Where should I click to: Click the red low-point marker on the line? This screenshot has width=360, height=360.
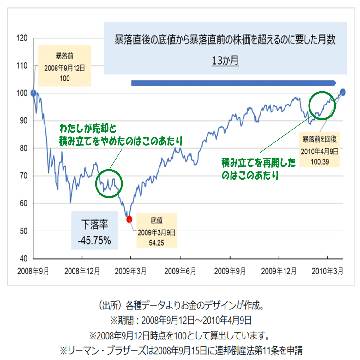pos(129,219)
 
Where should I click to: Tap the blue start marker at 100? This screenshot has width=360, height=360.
pos(33,93)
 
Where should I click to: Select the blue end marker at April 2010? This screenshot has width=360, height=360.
pos(343,92)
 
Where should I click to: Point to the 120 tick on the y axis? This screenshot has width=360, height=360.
pos(22,38)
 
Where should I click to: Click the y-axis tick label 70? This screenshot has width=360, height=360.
pos(23,176)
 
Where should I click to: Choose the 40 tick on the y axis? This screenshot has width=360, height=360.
pos(23,259)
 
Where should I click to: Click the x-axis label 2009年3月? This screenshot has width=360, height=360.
pos(130,271)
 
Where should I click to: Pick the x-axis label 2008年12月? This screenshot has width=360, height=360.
pos(82,271)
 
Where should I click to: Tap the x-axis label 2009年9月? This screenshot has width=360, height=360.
pos(230,271)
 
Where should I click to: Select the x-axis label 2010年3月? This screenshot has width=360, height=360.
pos(327,271)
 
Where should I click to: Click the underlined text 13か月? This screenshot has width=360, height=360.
pos(225,60)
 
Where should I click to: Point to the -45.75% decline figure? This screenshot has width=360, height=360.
pos(94,241)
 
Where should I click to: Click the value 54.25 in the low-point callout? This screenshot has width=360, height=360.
pos(157,243)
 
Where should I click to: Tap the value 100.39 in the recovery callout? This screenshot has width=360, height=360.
pos(320,162)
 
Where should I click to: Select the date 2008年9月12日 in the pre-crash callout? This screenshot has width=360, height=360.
pos(64,68)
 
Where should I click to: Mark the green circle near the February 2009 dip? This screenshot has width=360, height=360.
pos(109,184)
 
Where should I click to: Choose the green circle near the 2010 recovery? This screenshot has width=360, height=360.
pos(322,105)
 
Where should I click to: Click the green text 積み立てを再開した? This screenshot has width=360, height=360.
pos(258,163)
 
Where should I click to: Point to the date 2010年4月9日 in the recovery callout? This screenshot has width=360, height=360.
pos(320,151)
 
